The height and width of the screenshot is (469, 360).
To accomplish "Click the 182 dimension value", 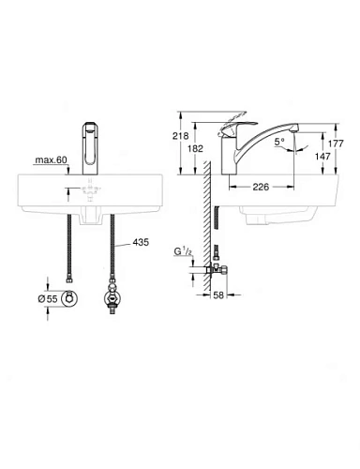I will click(x=195, y=149).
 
